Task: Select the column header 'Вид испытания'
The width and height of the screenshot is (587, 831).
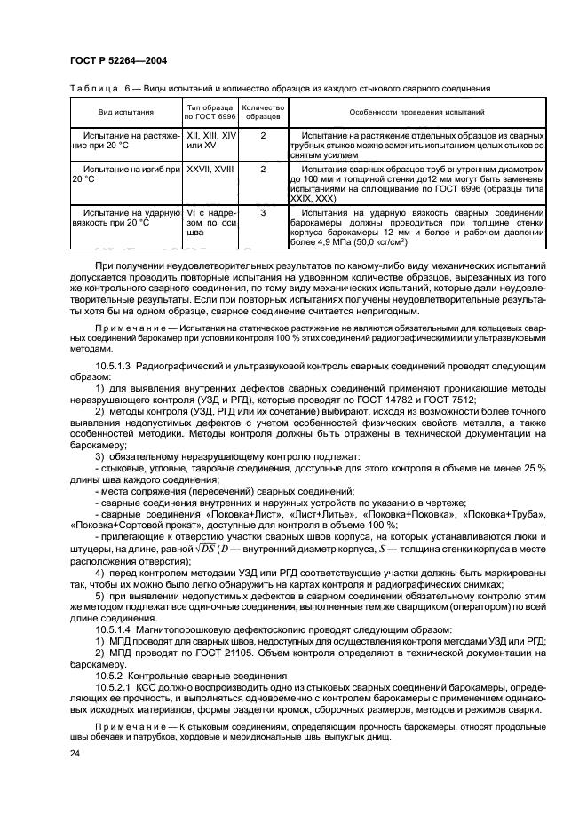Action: [x=126, y=113]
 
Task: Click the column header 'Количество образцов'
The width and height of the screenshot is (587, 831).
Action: [x=263, y=113]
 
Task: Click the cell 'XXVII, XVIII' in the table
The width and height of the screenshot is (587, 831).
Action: [x=210, y=168]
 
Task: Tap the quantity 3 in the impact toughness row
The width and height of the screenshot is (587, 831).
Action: [x=263, y=214]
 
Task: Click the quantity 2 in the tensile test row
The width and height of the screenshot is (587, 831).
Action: [x=263, y=134]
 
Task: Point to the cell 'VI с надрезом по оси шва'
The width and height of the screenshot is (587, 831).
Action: [x=210, y=223]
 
